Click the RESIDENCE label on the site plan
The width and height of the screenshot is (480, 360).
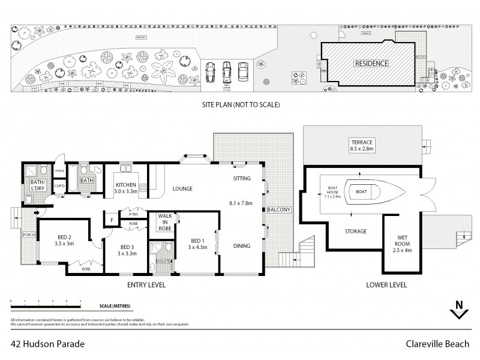click(371, 63)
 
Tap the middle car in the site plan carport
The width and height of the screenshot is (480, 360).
click(227, 72)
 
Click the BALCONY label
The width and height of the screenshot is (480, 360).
click(280, 209)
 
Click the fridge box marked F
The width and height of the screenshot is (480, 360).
click(112, 220)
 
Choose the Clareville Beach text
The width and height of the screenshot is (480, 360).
click(440, 344)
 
